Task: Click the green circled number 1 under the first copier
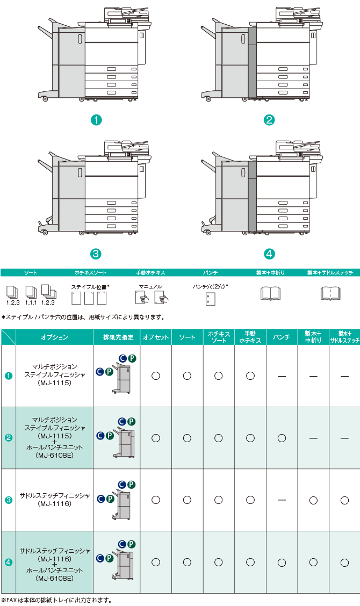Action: [x=96, y=120]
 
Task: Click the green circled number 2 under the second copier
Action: [x=269, y=120]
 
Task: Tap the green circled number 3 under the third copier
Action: [x=96, y=254]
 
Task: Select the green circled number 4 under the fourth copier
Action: [x=269, y=254]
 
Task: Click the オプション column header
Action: [x=54, y=337]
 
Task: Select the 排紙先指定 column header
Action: [x=117, y=337]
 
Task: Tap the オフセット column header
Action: [x=156, y=337]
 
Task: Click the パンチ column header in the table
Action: [x=282, y=337]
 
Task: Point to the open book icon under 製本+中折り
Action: [x=270, y=293]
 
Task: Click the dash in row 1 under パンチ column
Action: [x=282, y=376]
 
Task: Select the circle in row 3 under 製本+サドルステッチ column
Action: [x=344, y=500]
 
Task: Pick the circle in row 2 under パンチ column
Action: [x=282, y=438]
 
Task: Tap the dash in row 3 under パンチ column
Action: [x=282, y=500]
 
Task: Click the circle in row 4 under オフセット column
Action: [x=156, y=562]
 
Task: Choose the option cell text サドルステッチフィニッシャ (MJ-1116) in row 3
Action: [x=54, y=500]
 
